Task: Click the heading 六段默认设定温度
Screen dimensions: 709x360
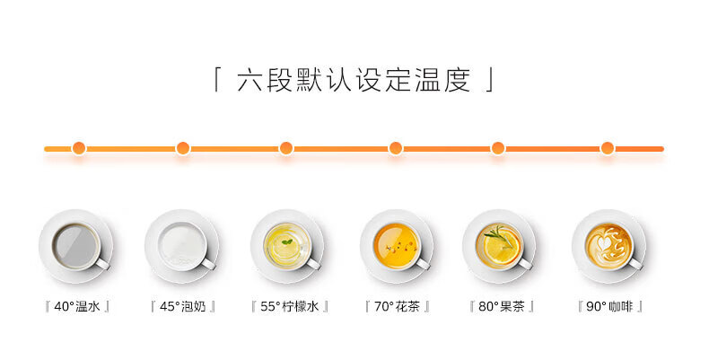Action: point(354,82)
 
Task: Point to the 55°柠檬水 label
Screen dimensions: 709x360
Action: point(289,306)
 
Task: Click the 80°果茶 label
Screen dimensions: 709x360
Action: point(502,306)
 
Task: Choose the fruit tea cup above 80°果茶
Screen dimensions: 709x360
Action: point(499,244)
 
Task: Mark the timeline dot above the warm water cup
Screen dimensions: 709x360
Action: point(79,148)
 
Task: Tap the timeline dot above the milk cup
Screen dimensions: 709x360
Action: point(183,148)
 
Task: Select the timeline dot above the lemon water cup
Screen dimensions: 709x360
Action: point(286,148)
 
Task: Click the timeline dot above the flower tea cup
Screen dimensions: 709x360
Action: point(395,148)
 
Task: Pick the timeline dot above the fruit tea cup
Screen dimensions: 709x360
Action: point(497,148)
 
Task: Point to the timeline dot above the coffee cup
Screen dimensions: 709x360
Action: point(608,148)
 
